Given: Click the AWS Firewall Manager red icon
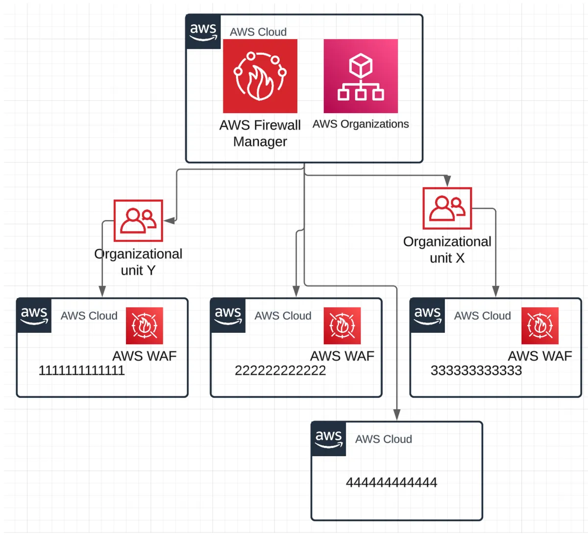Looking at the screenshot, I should pos(260,76).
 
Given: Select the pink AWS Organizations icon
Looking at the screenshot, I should pos(361,76).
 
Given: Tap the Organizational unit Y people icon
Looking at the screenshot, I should pos(138,220).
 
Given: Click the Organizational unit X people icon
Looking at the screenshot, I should pos(447,208).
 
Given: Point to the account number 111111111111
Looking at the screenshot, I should pos(81,371).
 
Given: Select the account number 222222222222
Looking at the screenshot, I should pos(280,371).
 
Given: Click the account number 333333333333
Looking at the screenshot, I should pos(476,371).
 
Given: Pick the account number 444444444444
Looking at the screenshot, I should pos(391,483).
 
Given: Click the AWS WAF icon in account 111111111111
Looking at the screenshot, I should pos(144,326).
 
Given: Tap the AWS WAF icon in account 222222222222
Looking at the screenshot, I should pos(342,326).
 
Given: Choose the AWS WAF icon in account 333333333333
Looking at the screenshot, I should pos(539,326).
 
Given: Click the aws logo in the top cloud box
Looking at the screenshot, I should pos(203,32).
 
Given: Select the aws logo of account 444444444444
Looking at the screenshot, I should pos(328,439).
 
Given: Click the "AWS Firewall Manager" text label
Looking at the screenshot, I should pos(260,133).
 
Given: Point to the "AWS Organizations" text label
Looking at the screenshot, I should pos(361,124).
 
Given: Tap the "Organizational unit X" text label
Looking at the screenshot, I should pos(447,250).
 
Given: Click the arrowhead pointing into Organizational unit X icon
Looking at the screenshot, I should pos(447,182).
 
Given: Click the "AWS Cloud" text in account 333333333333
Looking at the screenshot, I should pos(482,316).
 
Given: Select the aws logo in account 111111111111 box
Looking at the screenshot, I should pos(34,315).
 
